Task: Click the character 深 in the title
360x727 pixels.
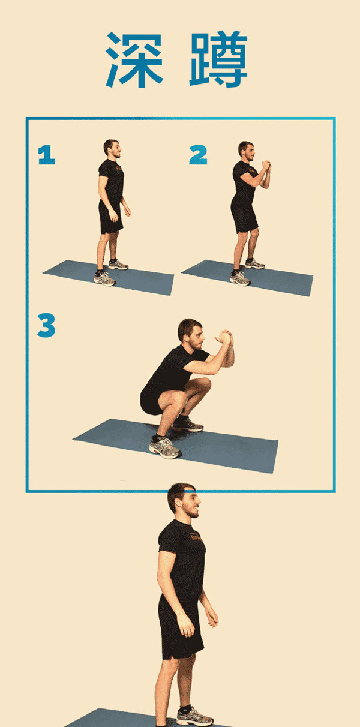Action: (134, 60)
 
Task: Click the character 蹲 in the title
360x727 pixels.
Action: (218, 59)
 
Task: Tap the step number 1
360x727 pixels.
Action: (46, 155)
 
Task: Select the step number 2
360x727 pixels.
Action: (198, 155)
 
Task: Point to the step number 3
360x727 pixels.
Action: (46, 325)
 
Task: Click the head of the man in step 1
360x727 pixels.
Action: (112, 148)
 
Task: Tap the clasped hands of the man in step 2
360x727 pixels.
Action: (266, 166)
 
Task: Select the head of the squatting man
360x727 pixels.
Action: (191, 334)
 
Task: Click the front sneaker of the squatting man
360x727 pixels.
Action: (164, 447)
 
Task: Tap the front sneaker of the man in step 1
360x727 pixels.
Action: (104, 278)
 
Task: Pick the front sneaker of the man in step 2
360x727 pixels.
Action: (240, 278)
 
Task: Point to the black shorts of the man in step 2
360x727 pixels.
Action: (244, 217)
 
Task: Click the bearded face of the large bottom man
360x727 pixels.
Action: (191, 505)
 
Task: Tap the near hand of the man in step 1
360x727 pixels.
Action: (113, 215)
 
